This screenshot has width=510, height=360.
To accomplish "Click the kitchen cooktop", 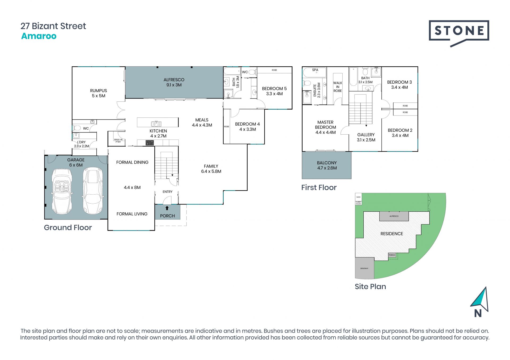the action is [x=150, y=143].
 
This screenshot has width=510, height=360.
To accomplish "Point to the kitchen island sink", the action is [x=156, y=123].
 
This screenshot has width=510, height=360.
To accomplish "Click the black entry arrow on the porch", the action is [x=167, y=208].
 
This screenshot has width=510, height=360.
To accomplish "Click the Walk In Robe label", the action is [x=338, y=87].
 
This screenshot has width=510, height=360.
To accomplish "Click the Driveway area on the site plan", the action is [x=364, y=268].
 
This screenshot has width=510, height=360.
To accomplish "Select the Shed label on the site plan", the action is [x=358, y=197].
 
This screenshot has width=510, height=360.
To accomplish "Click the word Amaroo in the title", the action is [x=39, y=36].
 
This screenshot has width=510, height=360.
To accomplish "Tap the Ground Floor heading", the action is [x=68, y=228].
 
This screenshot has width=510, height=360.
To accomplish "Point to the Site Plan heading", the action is [x=370, y=286].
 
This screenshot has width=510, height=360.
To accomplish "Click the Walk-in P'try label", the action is [x=118, y=141].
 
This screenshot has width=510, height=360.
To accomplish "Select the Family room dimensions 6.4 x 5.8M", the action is [x=211, y=172].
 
